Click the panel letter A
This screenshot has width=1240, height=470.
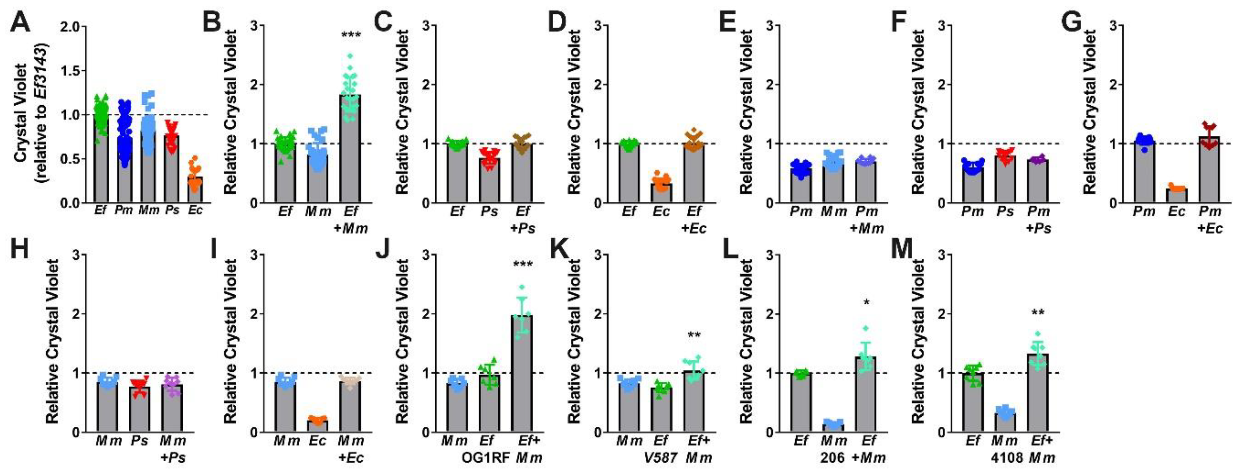click(x=20, y=22)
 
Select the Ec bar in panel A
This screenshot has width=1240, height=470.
click(x=195, y=190)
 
